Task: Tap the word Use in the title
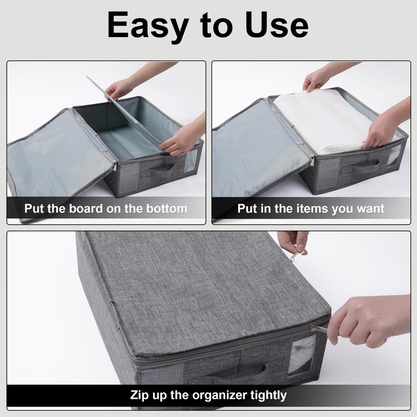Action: coord(277,24)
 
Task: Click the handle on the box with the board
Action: coord(159,170)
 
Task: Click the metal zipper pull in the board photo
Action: coord(115,165)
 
